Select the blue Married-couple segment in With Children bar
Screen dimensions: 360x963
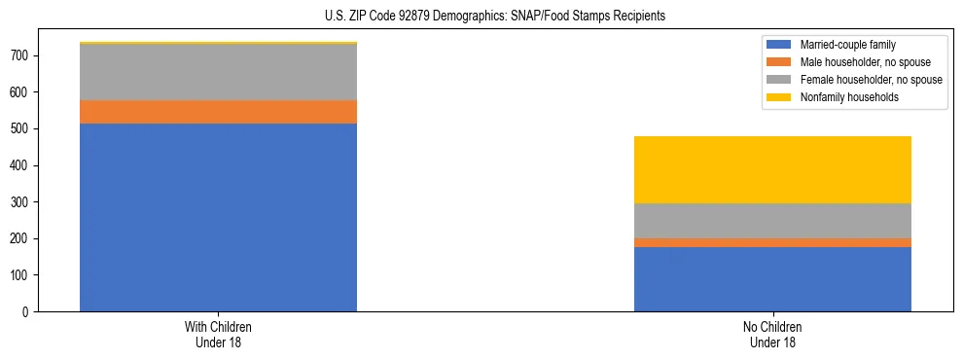[x=218, y=217]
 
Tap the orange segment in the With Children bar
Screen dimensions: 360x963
[x=218, y=112]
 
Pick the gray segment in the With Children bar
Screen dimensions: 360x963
[x=218, y=72]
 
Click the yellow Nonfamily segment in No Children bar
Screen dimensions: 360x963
[x=772, y=169]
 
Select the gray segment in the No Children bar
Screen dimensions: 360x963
[x=772, y=221]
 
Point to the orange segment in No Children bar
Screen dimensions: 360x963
[x=772, y=242]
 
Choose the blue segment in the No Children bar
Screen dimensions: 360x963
[x=772, y=279]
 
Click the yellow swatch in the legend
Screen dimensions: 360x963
[x=779, y=97]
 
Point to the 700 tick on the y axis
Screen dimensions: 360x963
[x=20, y=55]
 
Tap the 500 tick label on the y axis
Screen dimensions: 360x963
[x=20, y=128]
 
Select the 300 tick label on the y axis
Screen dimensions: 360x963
[x=20, y=202]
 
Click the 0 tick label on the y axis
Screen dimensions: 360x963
[x=27, y=312]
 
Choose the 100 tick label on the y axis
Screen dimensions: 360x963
[x=20, y=275]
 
